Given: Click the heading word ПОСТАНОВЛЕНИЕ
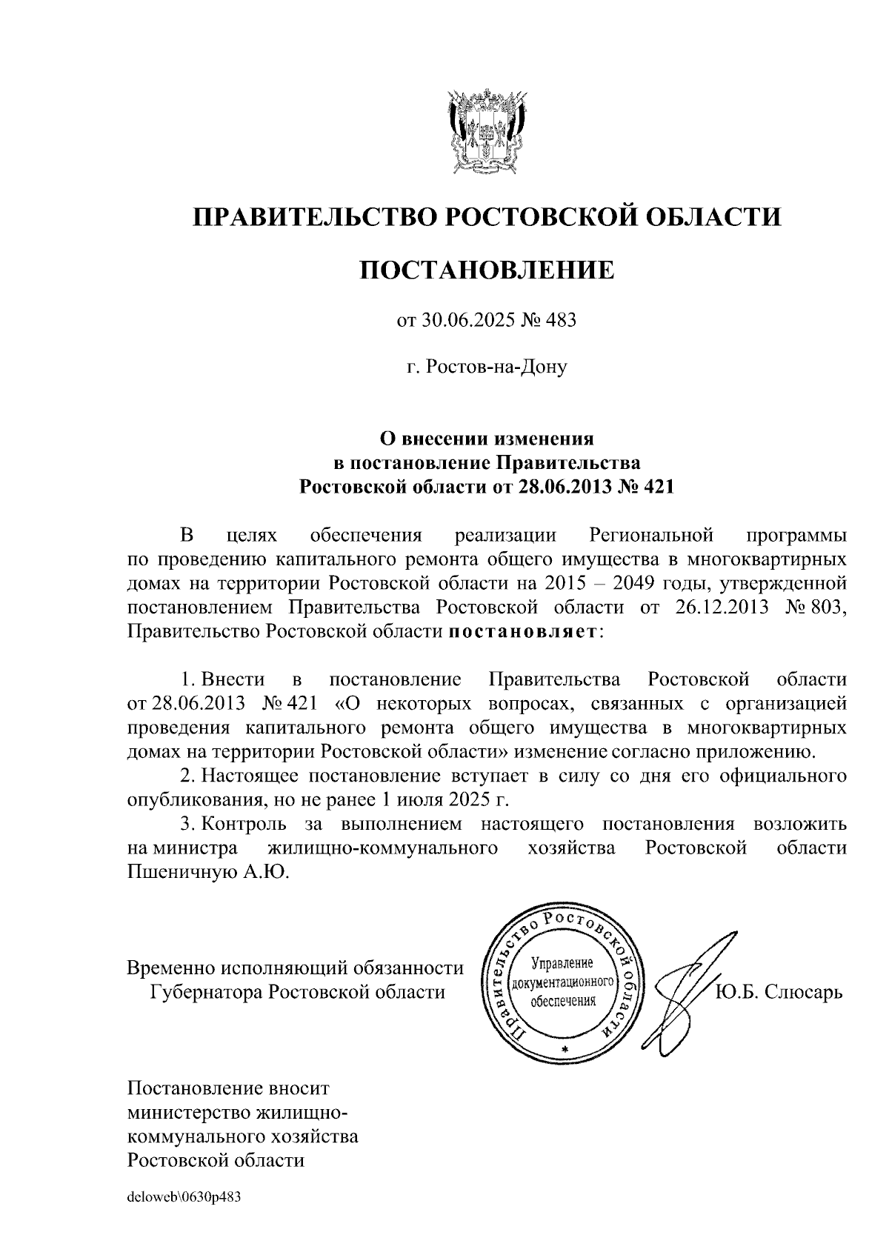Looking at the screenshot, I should [x=487, y=270].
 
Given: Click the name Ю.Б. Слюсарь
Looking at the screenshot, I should [x=779, y=992].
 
